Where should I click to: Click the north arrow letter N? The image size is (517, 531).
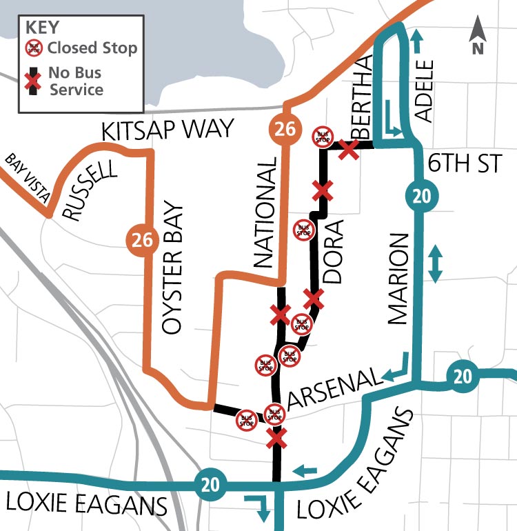coord(477,48)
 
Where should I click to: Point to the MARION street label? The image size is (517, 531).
coord(398,279)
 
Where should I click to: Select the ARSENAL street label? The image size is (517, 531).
coord(334,388)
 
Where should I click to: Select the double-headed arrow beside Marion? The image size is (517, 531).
coord(436,265)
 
